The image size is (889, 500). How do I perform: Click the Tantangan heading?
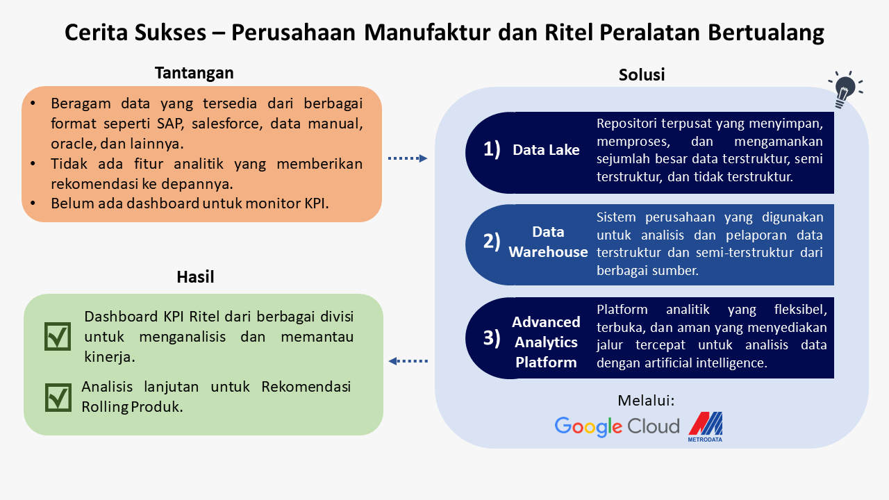point(194,73)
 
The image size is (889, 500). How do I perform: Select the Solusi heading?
point(641,75)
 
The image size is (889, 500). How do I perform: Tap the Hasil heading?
point(195,277)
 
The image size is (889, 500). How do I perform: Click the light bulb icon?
point(845,90)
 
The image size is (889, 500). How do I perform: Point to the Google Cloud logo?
point(617,426)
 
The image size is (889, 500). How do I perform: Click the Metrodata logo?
point(705,427)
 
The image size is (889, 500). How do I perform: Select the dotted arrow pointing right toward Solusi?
point(408,158)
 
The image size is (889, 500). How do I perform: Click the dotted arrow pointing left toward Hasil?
point(408,361)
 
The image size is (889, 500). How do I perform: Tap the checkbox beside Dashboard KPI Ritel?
point(58,337)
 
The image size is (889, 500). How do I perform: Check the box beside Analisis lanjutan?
point(58,397)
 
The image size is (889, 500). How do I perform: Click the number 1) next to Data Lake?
point(492,149)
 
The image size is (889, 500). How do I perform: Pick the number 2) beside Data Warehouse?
point(492,241)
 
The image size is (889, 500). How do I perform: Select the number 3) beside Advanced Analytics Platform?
point(492,338)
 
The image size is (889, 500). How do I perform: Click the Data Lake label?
point(546,150)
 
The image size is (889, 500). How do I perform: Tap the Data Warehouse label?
point(548,242)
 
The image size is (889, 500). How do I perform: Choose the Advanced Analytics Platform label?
point(546,342)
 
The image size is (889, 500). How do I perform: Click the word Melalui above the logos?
point(646,401)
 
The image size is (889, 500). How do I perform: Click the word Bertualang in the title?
point(766,33)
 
